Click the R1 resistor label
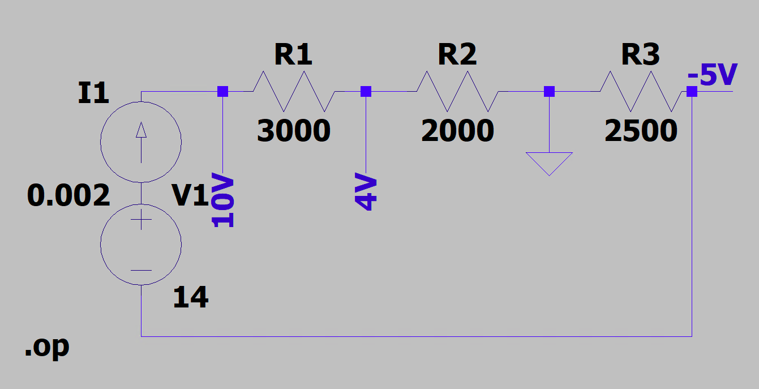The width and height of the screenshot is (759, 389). [x=293, y=55]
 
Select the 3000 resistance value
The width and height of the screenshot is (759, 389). [x=293, y=131]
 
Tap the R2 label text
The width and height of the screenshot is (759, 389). [x=457, y=55]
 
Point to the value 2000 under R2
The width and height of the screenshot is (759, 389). [x=457, y=131]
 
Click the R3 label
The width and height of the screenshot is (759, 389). [x=640, y=55]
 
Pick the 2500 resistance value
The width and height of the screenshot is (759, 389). [x=641, y=131]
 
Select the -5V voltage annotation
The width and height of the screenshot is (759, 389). [x=713, y=75]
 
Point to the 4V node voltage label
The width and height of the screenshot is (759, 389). [x=366, y=193]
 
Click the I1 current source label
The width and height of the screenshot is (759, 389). [x=93, y=93]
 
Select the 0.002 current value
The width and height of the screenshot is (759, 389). [x=68, y=196]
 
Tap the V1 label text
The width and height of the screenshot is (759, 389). [x=191, y=196]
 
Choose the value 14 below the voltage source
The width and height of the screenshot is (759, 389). [x=191, y=297]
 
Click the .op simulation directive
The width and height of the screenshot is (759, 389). [x=47, y=347]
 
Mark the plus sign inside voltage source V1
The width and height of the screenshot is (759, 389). [x=141, y=220]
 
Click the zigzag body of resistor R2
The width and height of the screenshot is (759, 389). [x=457, y=91]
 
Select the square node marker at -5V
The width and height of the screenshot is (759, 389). [x=692, y=91]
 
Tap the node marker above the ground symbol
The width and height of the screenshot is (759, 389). [x=549, y=91]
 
